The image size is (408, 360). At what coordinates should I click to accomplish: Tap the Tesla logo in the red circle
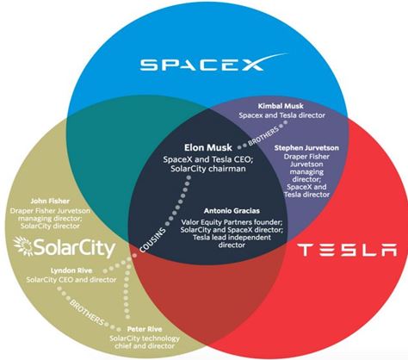pos(347,250)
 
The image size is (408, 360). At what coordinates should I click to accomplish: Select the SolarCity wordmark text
pos(75,249)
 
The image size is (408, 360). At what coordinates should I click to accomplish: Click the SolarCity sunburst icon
pos(23,246)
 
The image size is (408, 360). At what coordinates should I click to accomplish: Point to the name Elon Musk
pos(208,147)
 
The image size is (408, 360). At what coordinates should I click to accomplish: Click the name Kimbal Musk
pos(281,106)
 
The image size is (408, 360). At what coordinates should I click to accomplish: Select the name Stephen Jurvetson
pos(306,148)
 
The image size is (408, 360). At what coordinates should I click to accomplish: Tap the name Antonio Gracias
pos(232,211)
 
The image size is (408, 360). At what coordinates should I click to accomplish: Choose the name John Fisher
pos(50,201)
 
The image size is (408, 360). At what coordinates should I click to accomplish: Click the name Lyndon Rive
pos(71,270)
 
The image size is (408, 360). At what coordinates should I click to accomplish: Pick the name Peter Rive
pos(145,329)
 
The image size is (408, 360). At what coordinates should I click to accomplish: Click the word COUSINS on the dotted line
pos(152,240)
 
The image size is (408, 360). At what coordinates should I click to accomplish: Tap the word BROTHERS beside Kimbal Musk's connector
pos(263,135)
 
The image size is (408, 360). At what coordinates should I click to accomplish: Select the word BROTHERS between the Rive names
pos(87,312)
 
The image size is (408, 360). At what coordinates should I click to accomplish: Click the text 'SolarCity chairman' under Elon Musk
pos(208,169)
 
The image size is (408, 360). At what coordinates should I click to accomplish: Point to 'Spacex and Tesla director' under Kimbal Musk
pos(282,115)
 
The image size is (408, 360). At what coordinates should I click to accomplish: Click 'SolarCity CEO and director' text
pos(71,280)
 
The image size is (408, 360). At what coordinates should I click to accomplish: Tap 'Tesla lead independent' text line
pos(232,238)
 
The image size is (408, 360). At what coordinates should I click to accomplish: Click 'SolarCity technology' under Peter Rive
pos(145,338)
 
